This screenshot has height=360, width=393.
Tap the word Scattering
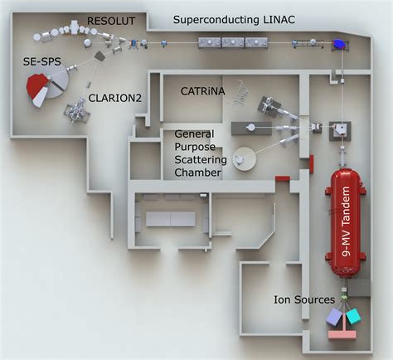click(x=193, y=159)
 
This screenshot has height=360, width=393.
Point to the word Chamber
click(x=193, y=173)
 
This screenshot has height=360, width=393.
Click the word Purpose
click(x=193, y=146)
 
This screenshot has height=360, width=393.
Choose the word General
click(x=193, y=133)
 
